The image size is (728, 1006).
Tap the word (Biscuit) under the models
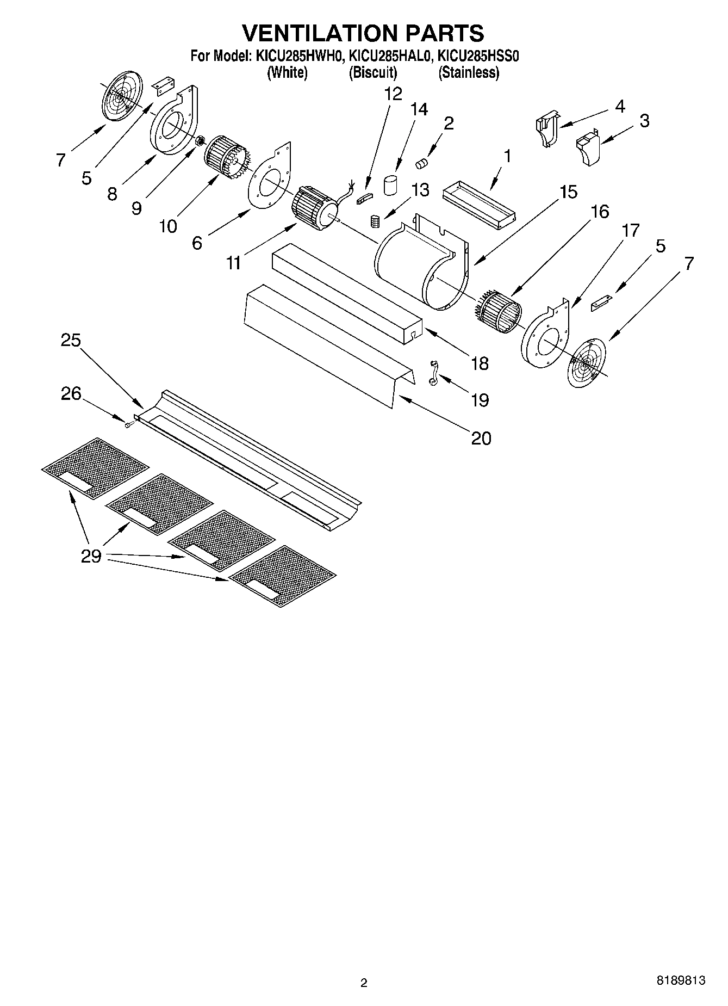point(372,72)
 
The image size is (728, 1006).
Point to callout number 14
point(419,109)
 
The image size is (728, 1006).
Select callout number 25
point(71,341)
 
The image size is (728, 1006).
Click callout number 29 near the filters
point(91,556)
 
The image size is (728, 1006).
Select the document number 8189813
point(681,980)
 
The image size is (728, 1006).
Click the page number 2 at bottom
point(364,983)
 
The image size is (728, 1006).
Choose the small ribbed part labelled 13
point(374,221)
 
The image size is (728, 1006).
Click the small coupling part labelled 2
point(422,162)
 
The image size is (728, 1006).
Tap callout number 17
point(630,231)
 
